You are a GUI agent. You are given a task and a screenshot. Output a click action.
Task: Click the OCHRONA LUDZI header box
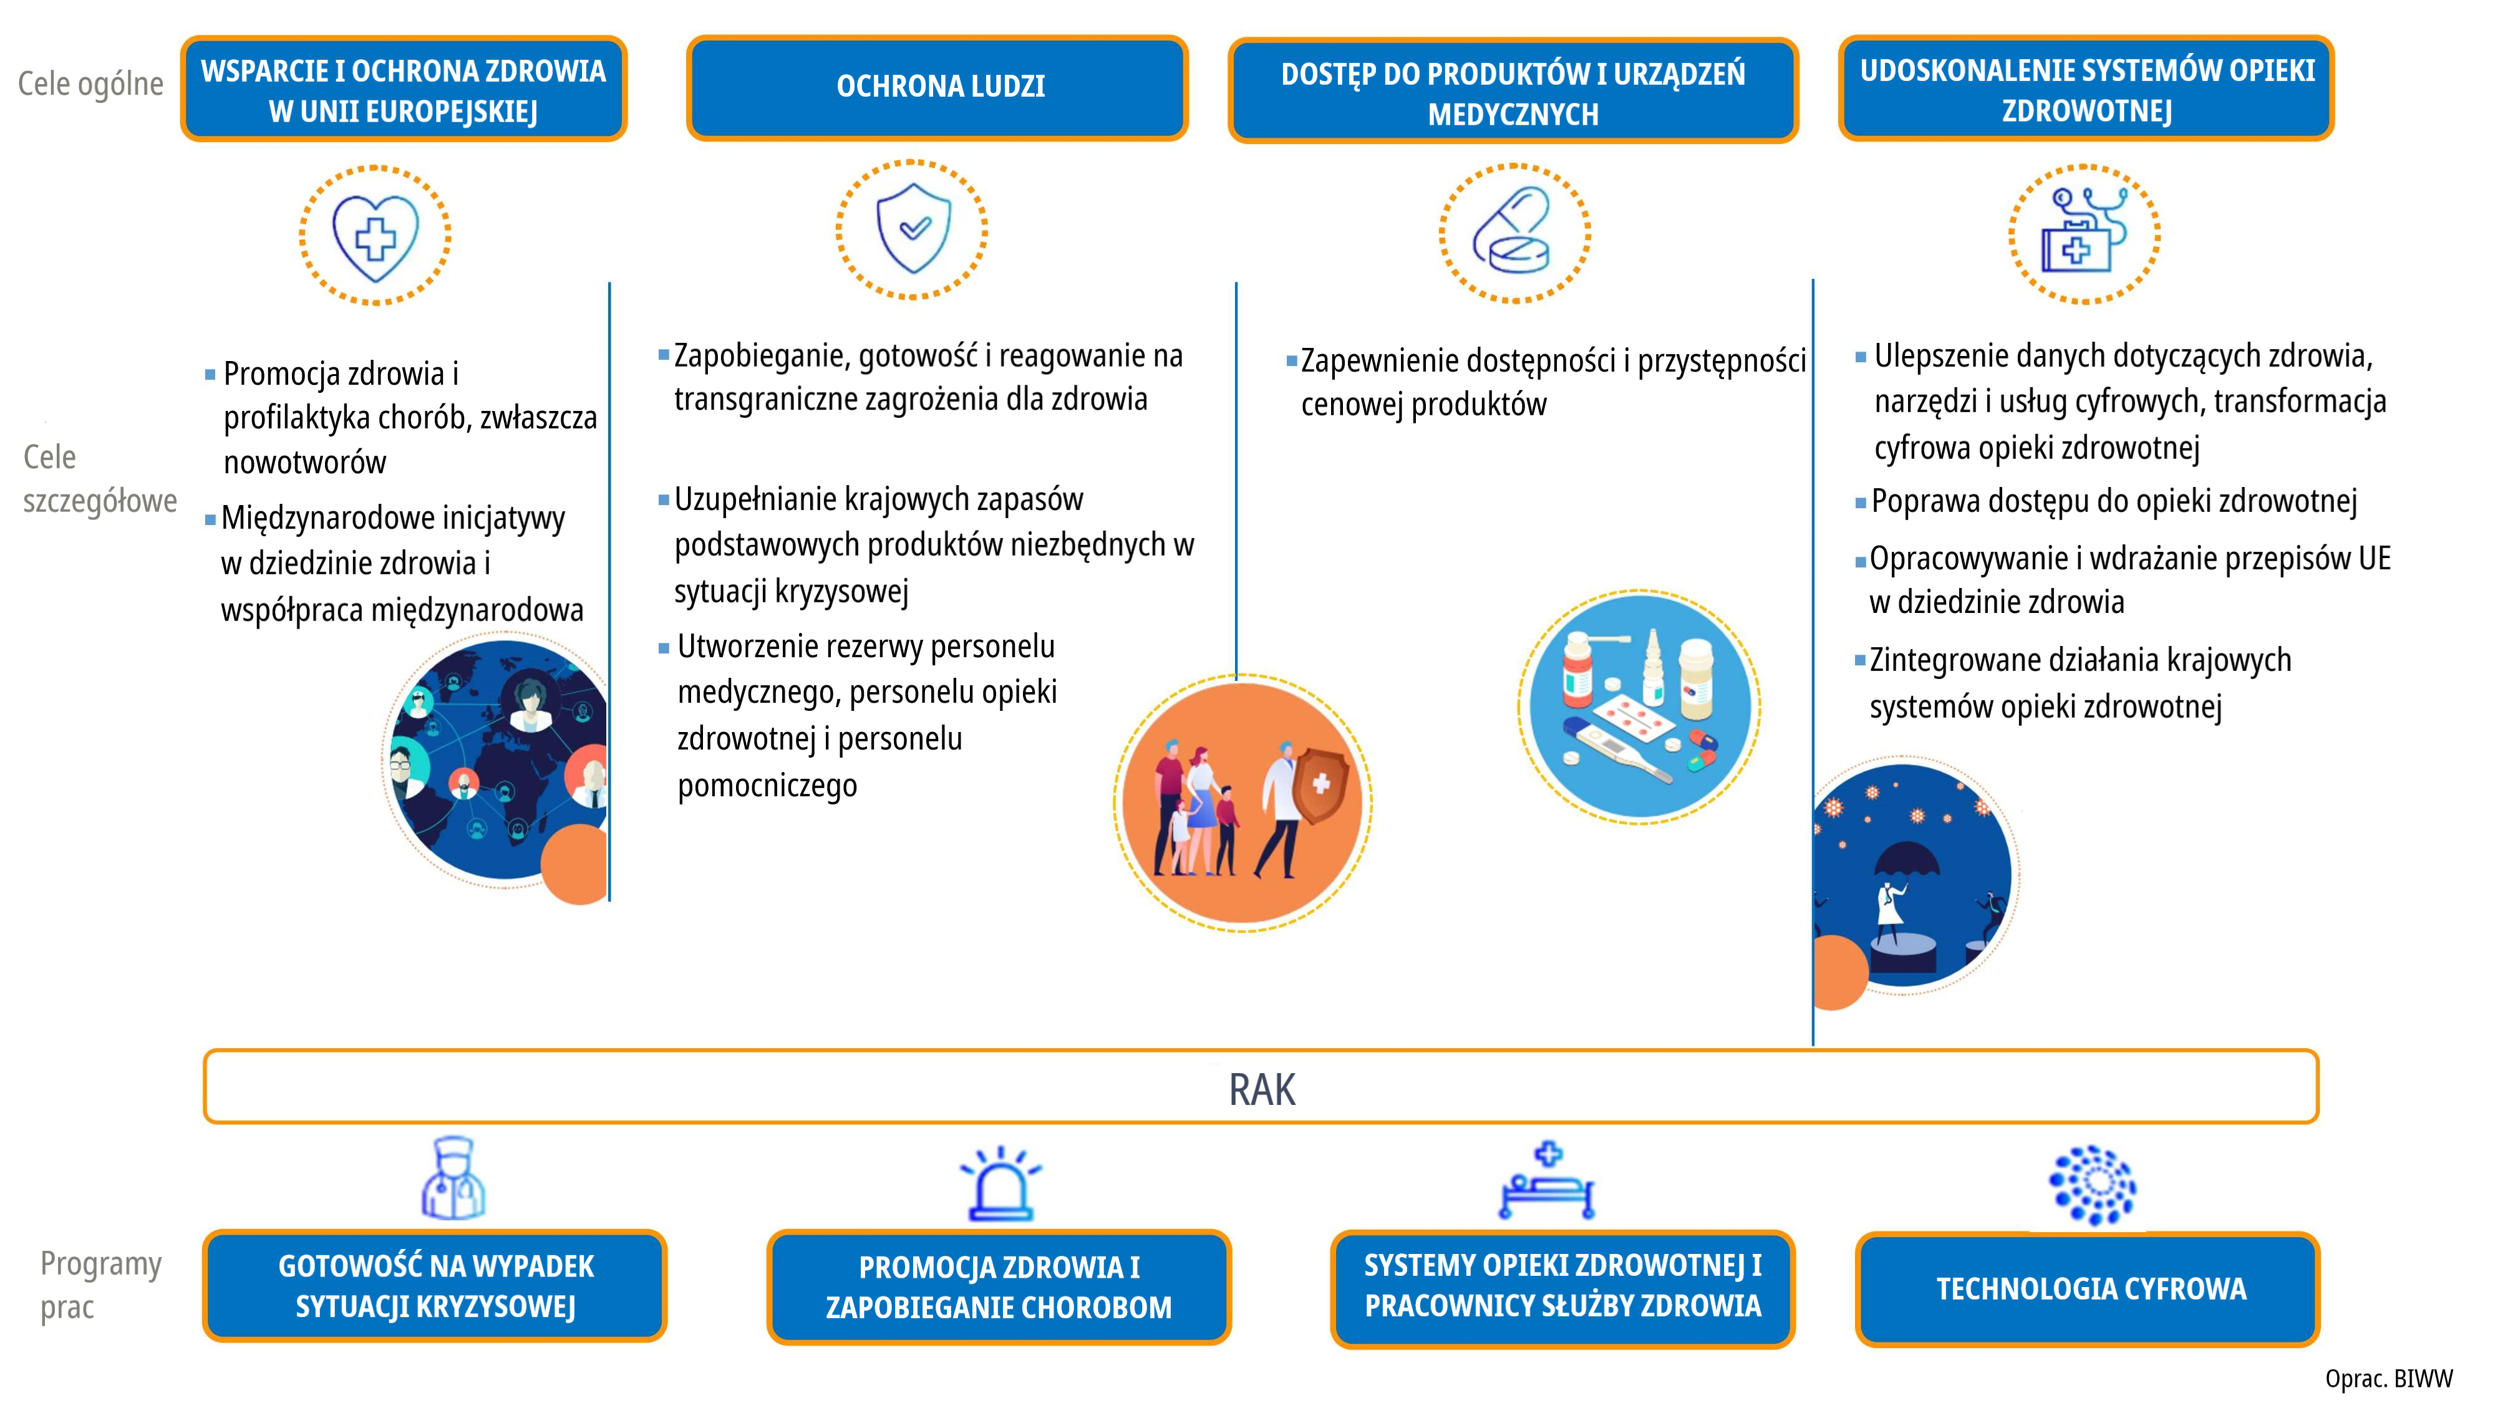[x=937, y=88]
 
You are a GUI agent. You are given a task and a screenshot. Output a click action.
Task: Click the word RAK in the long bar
[x=1261, y=1089]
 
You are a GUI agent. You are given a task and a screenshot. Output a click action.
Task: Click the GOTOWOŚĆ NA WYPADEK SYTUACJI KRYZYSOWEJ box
[x=435, y=1286]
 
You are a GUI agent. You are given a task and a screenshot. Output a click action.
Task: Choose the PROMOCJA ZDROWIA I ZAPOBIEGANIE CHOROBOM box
[x=999, y=1288]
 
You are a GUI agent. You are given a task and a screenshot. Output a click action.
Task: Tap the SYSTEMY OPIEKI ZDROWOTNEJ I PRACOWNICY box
[x=1562, y=1288]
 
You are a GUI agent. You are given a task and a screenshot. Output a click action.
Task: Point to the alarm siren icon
[x=1000, y=1184]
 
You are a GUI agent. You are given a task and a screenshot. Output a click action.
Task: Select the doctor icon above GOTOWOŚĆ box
[x=453, y=1179]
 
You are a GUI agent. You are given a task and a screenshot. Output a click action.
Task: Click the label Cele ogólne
[x=91, y=84]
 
